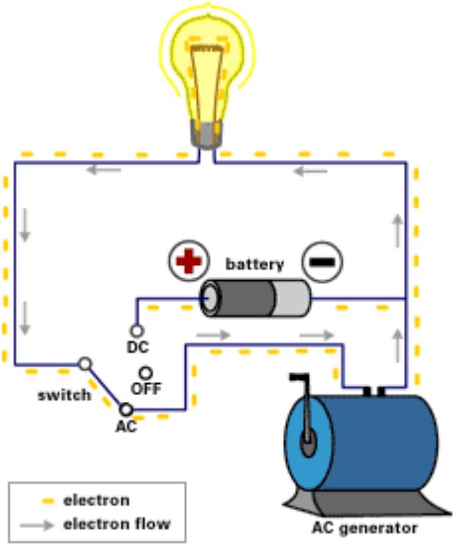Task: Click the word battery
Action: pyautogui.click(x=255, y=264)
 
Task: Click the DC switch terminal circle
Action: pyautogui.click(x=136, y=330)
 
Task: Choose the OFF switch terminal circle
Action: pyautogui.click(x=145, y=373)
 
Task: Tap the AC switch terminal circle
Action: pyautogui.click(x=125, y=409)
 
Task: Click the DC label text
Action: pyautogui.click(x=137, y=347)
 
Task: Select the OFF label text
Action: pyautogui.click(x=146, y=389)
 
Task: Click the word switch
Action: pyautogui.click(x=64, y=395)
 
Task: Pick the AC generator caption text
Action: pyautogui.click(x=365, y=529)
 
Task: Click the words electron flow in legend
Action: pyautogui.click(x=117, y=524)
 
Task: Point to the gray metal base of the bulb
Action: pyautogui.click(x=207, y=136)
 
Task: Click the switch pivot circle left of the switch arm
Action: pyautogui.click(x=85, y=363)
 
